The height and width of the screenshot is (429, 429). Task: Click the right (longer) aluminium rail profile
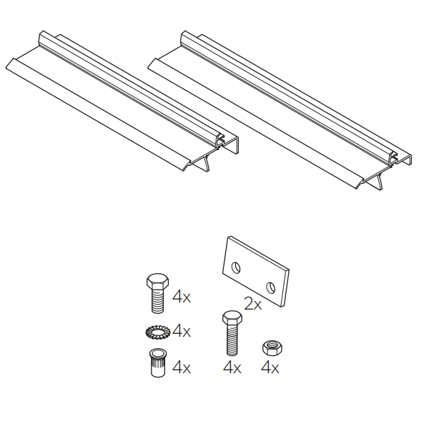pyautogui.click(x=279, y=109)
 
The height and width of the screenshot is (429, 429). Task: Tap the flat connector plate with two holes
pyautogui.click(x=256, y=272)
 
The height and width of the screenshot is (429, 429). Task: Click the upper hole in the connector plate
pyautogui.click(x=236, y=267)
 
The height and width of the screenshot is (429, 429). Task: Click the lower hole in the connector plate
pyautogui.click(x=271, y=288)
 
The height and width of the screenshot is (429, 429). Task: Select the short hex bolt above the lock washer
pyautogui.click(x=157, y=292)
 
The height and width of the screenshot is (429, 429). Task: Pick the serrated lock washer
pyautogui.click(x=157, y=332)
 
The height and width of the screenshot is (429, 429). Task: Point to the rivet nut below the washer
pyautogui.click(x=158, y=363)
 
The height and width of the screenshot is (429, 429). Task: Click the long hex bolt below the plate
pyautogui.click(x=232, y=333)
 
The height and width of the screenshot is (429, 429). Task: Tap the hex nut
pyautogui.click(x=272, y=347)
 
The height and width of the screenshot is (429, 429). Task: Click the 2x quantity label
pyautogui.click(x=252, y=304)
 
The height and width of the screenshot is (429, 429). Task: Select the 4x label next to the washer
pyautogui.click(x=182, y=330)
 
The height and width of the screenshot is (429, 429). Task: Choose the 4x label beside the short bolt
pyautogui.click(x=182, y=296)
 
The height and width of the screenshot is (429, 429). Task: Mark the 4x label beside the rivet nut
pyautogui.click(x=182, y=367)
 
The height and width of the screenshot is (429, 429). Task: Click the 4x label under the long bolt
pyautogui.click(x=232, y=368)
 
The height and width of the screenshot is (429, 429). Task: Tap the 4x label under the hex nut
pyautogui.click(x=270, y=368)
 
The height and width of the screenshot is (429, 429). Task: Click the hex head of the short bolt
pyautogui.click(x=157, y=281)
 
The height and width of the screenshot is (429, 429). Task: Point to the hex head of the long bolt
pyautogui.click(x=232, y=317)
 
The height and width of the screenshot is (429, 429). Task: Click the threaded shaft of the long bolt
pyautogui.click(x=232, y=340)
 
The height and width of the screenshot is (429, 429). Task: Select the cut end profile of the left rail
pyautogui.click(x=212, y=153)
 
